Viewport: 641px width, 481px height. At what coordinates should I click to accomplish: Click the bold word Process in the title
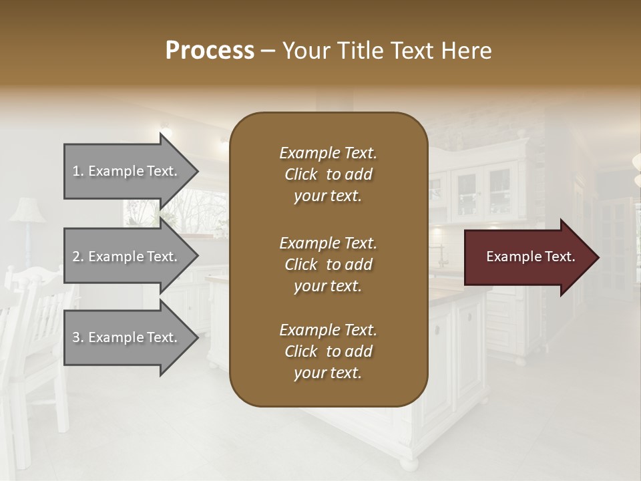210,51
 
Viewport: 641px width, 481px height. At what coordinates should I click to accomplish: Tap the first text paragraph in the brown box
328,174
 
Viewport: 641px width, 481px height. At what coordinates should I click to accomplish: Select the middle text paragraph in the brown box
328,264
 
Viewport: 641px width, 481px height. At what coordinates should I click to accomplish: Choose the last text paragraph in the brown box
328,351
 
